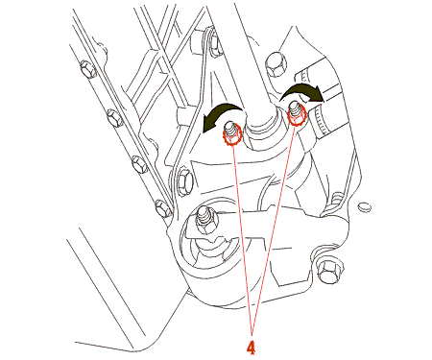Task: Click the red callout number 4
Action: (x=252, y=348)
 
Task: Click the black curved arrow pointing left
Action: (x=222, y=114)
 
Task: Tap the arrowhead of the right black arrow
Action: (x=318, y=94)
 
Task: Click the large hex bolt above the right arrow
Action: (x=276, y=63)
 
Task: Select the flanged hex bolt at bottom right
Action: (x=329, y=271)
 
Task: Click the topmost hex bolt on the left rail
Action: (x=88, y=69)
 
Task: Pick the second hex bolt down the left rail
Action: (x=114, y=118)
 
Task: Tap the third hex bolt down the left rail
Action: (x=140, y=164)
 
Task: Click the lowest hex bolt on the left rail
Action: (x=163, y=208)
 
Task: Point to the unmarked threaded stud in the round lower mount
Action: (x=204, y=219)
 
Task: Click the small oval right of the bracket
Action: (x=365, y=206)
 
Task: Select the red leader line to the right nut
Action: (x=274, y=229)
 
